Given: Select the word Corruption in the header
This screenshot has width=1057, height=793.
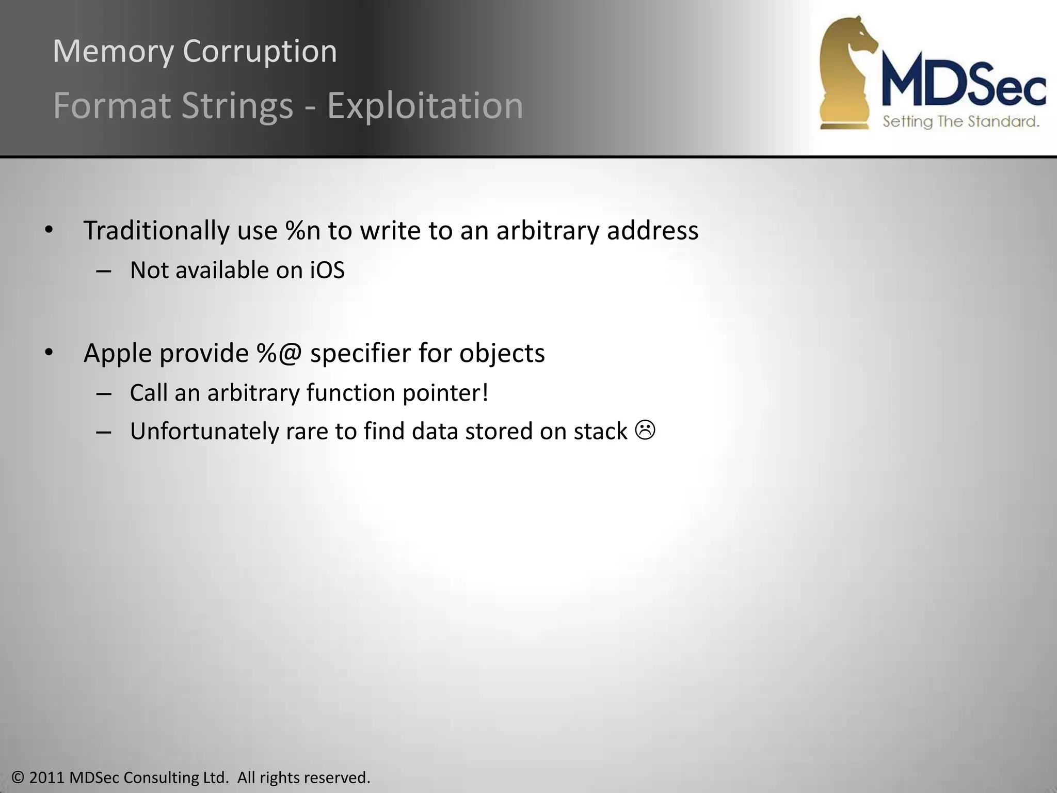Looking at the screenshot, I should tap(260, 52).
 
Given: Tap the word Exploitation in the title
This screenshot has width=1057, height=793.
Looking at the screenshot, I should tap(425, 106).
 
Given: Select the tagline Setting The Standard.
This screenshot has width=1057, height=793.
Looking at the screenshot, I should tap(960, 122).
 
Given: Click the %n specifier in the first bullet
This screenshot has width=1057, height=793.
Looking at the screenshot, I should tap(303, 230).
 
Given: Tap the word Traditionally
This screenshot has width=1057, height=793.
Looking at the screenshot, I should tap(156, 230).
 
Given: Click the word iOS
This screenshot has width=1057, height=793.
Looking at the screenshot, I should tap(327, 270).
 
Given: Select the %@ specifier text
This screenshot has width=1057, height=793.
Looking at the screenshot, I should tap(279, 354).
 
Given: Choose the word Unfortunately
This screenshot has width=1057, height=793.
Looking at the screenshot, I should tap(204, 432).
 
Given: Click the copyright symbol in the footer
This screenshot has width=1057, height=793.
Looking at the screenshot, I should tap(18, 778).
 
